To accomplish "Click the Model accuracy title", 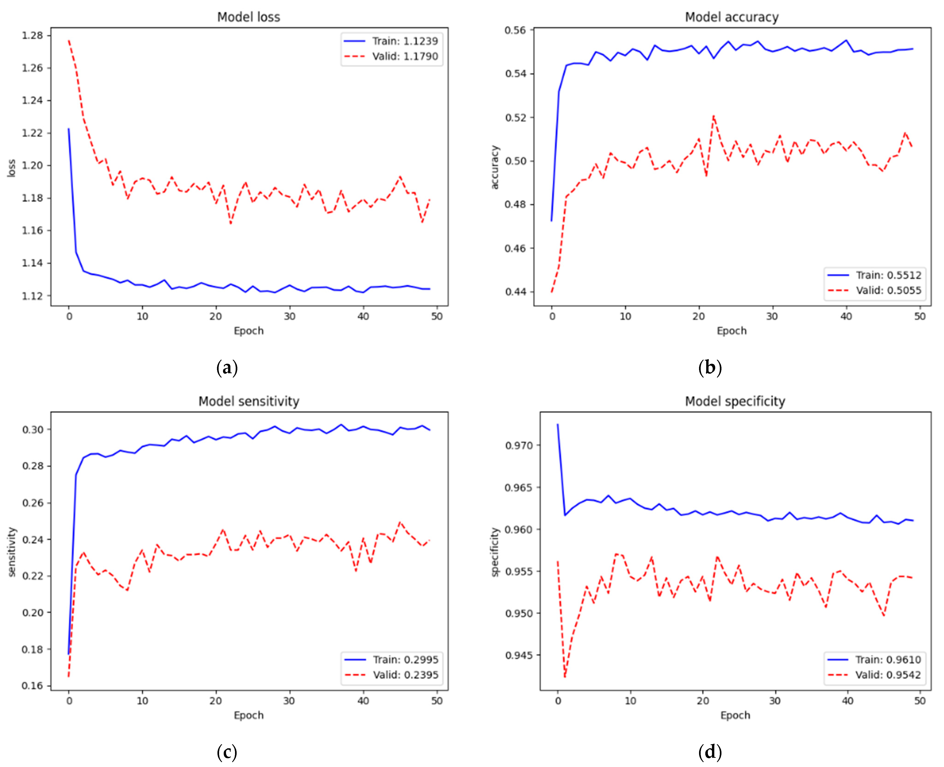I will point(732,17).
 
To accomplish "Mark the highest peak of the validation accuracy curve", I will point(713,116).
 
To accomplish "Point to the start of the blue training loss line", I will point(68,129).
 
